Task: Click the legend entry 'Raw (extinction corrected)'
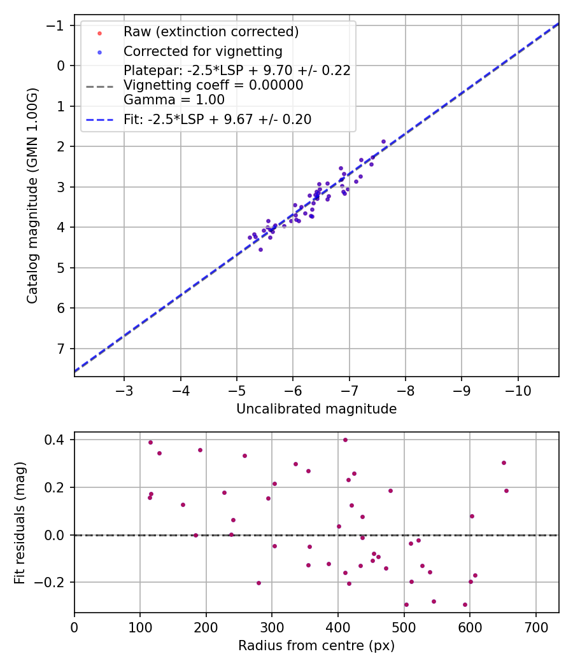(211, 32)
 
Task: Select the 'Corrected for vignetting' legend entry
(202, 51)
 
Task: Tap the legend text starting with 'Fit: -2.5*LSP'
(217, 119)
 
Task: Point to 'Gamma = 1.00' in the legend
(174, 99)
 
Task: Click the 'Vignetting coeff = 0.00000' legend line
(213, 85)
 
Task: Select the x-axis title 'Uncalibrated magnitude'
(316, 409)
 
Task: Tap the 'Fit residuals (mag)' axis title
(20, 522)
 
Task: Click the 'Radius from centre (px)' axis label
(316, 646)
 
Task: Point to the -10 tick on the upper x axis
(518, 389)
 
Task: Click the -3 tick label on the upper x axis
(124, 389)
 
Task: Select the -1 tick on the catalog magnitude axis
(58, 25)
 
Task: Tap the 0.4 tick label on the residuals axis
(55, 440)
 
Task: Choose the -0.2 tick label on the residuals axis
(51, 583)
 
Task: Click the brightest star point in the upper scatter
(383, 141)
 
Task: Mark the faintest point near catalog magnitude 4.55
(260, 249)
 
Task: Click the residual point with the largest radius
(506, 491)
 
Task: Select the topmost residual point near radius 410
(345, 440)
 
